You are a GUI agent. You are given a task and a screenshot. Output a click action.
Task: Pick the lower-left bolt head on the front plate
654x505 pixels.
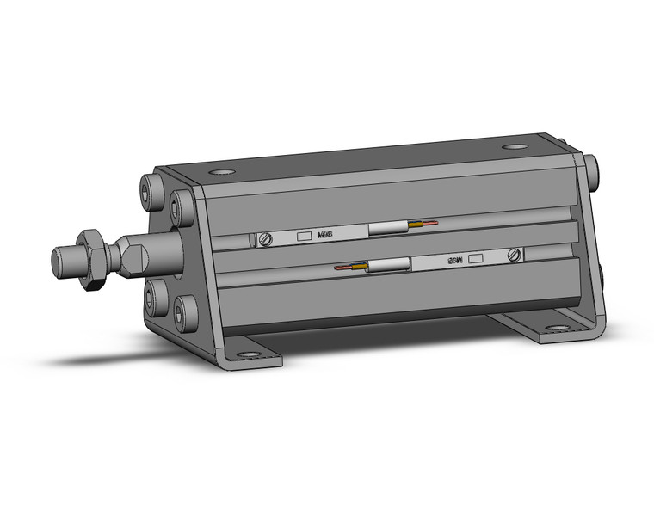[155, 298]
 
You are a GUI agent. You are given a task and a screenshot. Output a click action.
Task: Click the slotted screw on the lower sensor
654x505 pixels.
[515, 255]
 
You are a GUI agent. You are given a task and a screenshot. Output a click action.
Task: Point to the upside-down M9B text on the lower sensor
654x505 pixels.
[454, 257]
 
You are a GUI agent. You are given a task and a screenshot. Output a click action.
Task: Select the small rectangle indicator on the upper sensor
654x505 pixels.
[303, 236]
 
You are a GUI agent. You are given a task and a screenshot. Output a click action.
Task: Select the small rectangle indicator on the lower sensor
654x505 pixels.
[477, 256]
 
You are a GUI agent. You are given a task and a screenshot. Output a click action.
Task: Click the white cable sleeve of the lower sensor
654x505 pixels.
[389, 266]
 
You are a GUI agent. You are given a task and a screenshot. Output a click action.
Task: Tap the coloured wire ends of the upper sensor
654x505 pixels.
[423, 225]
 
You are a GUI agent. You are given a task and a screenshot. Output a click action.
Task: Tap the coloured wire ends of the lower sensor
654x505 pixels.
[352, 268]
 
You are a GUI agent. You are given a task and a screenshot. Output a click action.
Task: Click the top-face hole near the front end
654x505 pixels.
[224, 173]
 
